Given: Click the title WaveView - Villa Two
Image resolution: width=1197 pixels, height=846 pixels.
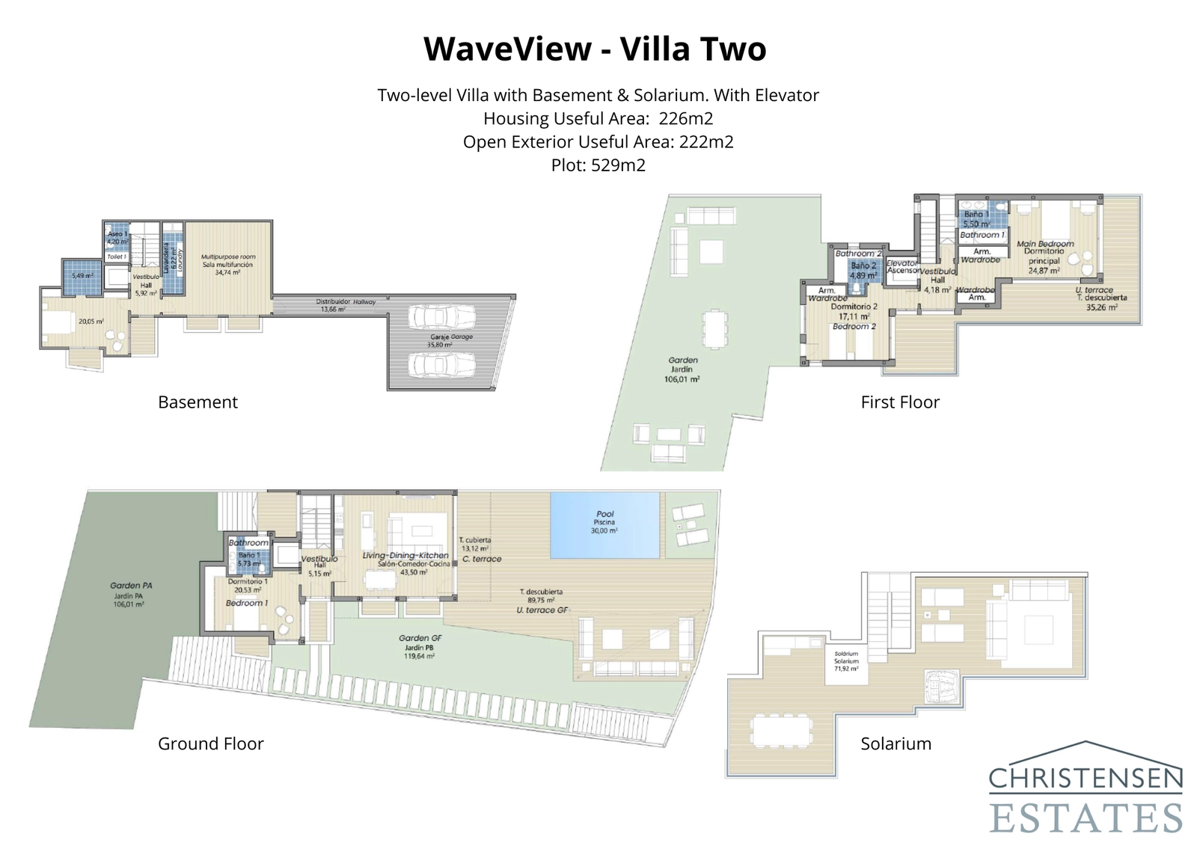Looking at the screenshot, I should coord(595,49).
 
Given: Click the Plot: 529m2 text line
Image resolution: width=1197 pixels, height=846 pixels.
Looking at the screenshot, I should coord(598,165).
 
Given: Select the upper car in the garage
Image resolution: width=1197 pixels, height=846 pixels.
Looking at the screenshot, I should coord(441,316).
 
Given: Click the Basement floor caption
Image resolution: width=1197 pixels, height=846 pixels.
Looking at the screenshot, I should coord(198,402).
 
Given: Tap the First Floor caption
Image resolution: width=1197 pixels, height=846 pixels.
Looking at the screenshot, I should coord(899,402).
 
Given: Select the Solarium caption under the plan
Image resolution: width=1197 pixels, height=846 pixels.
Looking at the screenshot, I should coord(896,744).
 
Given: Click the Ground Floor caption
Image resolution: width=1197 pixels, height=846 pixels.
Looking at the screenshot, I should coord(210,744).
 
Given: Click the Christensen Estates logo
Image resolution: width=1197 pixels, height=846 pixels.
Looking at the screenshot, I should coord(1085,789).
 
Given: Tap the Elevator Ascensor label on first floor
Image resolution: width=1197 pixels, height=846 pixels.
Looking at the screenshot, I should coord(902,266).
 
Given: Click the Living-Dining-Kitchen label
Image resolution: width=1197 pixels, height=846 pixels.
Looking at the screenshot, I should coord(405,560).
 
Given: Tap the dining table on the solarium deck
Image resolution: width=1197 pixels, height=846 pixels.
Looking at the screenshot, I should coord(781,730).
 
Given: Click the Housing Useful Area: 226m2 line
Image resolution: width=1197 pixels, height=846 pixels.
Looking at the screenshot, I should coord(598,118).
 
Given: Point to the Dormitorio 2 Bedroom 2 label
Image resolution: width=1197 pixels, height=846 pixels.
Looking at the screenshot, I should coord(854,316).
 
